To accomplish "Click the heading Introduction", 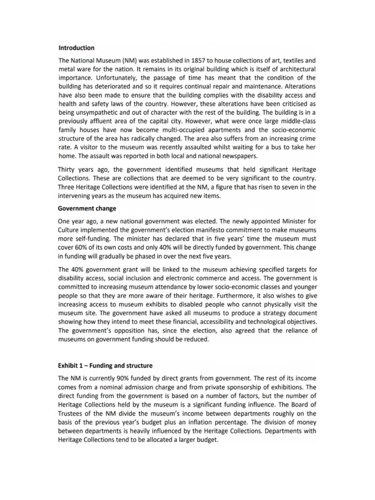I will tap(76, 48).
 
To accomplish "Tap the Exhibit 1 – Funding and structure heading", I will tap(105, 366).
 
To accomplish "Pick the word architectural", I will tap(292, 69).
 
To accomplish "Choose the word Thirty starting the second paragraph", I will tap(68, 169).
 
